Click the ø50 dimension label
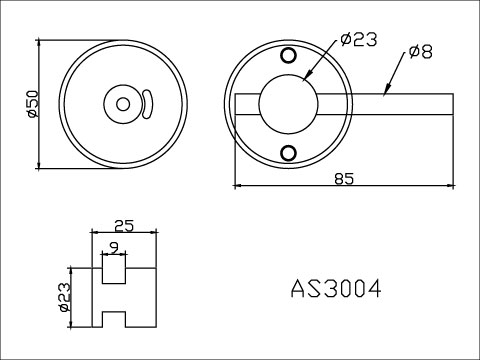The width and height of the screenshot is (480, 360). point(31,104)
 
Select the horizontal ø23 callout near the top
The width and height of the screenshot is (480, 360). point(357,39)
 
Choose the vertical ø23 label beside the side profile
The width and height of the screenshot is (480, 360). point(65,297)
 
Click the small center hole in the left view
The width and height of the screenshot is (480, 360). point(123,103)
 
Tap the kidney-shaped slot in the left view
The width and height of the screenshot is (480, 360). point(147,103)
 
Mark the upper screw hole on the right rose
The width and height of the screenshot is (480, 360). point(289,55)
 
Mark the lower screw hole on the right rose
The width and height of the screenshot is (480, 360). point(289,151)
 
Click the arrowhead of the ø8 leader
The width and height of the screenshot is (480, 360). point(386,92)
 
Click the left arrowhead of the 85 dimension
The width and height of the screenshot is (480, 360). point(238,185)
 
